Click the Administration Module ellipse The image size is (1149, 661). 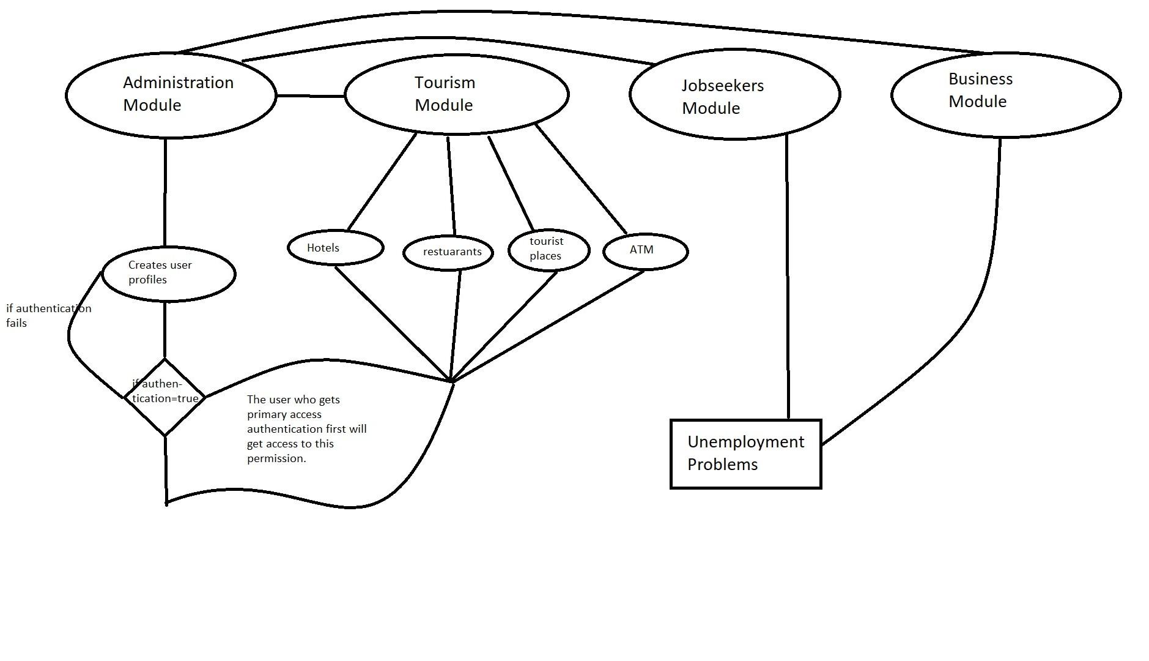171,95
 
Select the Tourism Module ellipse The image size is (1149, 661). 457,94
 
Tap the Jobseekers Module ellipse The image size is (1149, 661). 734,95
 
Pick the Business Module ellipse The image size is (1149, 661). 1005,95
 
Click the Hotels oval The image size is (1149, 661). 335,248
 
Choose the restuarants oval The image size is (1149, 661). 448,252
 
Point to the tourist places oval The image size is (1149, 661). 549,249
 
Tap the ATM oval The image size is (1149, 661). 645,250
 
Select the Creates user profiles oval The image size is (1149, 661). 168,273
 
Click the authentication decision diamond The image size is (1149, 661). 164,397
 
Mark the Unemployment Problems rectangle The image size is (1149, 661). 745,454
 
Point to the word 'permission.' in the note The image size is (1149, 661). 276,458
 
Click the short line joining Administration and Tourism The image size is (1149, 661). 310,96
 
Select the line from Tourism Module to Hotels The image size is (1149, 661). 382,182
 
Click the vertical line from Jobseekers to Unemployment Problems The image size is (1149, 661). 787,275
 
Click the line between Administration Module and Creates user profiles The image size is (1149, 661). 165,193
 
